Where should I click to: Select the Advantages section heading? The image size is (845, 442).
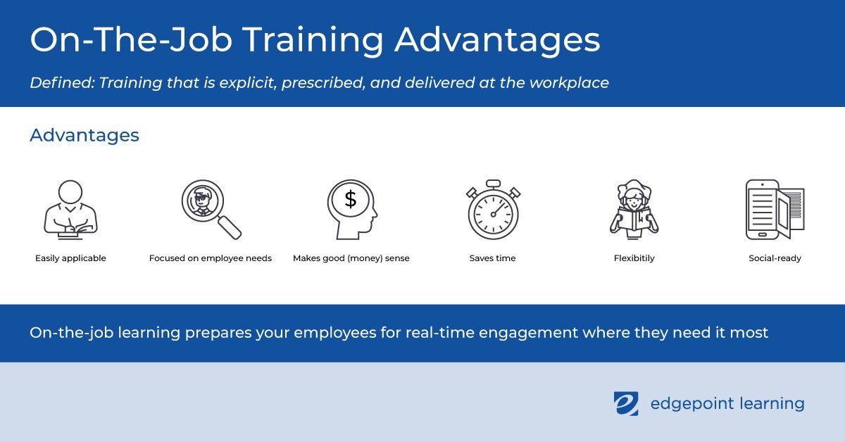[x=84, y=135]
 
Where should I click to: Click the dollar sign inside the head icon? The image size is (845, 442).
[x=351, y=199]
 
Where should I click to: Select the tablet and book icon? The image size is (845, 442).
[x=775, y=209]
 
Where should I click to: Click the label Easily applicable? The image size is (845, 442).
[x=70, y=258]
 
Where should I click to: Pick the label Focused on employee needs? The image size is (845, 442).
[x=211, y=258]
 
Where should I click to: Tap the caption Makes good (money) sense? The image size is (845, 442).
[x=351, y=258]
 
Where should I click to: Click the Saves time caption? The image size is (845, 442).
[x=493, y=258]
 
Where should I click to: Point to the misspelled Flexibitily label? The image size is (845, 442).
[x=634, y=258]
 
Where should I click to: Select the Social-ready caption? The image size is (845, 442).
[x=775, y=258]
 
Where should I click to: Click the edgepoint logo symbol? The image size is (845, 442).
[x=626, y=403]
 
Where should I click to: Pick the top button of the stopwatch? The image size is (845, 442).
[x=493, y=184]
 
